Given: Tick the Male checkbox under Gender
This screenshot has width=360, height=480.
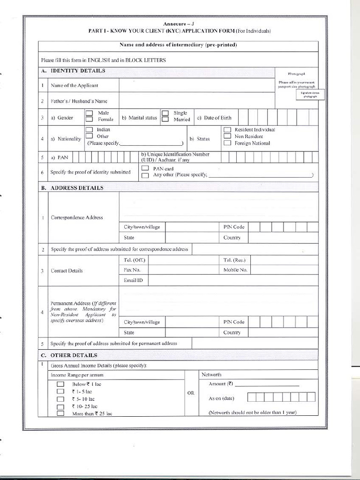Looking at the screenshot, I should click(89, 113).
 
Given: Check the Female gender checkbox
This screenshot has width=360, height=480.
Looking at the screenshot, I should click(89, 120).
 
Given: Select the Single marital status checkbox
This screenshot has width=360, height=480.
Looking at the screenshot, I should click(165, 113).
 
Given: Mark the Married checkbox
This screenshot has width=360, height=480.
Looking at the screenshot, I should click(165, 120).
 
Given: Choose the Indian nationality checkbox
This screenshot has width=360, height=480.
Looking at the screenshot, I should click(89, 129).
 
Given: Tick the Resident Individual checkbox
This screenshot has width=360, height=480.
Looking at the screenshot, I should click(227, 129).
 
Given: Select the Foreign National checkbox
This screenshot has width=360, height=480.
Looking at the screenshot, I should click(227, 143).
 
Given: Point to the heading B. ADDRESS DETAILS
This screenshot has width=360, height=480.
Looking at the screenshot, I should click(77, 188).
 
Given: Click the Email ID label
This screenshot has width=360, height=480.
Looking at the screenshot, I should click(133, 280).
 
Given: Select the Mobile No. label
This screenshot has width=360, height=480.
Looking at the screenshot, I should click(235, 270).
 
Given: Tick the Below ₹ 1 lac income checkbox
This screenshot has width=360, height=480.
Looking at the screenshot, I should click(60, 384).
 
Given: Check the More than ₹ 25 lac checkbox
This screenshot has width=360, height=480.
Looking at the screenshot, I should click(60, 413).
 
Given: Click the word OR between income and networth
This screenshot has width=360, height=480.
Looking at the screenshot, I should click(191, 393).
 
